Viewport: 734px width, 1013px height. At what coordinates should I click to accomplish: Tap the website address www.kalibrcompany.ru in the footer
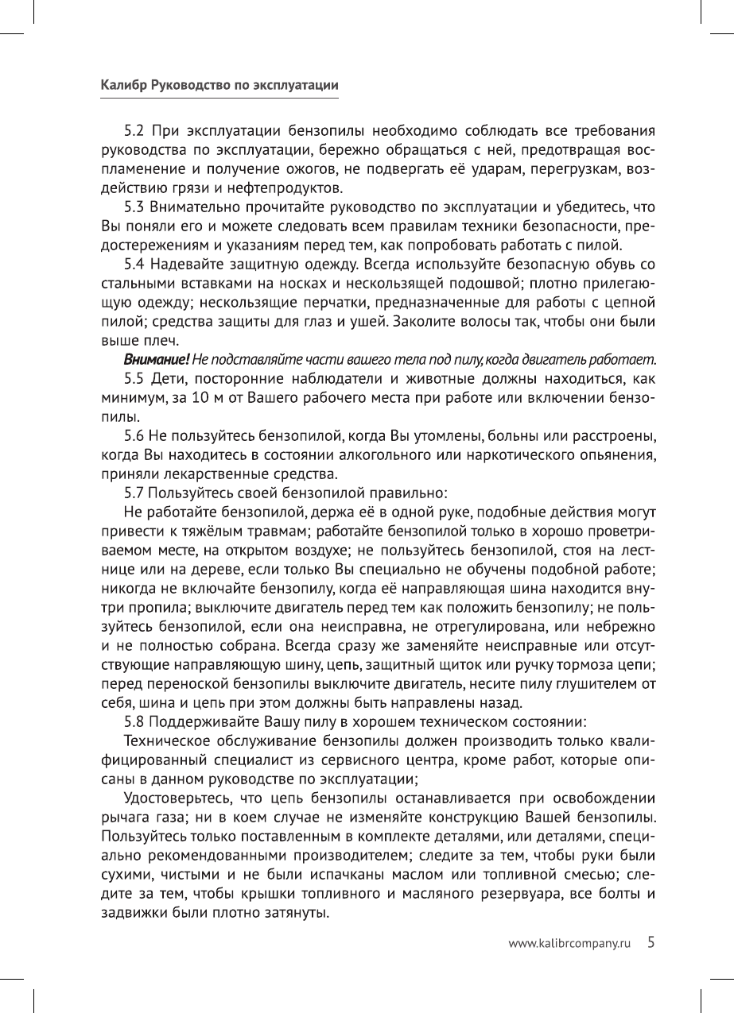569,943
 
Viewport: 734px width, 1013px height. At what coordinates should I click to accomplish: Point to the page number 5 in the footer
651,942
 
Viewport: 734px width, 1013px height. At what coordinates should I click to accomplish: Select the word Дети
168,378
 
